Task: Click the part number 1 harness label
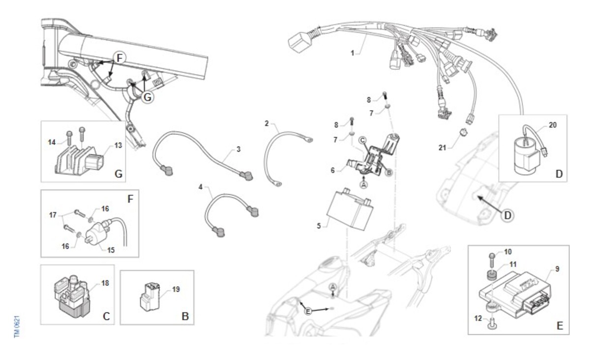(353, 52)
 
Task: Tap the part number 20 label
(553, 125)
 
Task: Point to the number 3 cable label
(238, 149)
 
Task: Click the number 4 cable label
(201, 187)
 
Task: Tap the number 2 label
(266, 123)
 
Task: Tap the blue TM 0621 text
(16, 326)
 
